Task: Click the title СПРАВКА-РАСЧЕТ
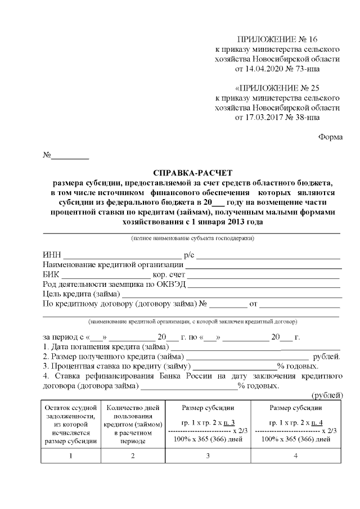coord(192,173)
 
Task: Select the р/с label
coord(189,256)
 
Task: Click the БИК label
coord(51,275)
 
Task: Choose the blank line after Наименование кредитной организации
coord(263,265)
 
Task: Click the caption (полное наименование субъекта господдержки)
coord(192,239)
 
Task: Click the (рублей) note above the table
coord(327,395)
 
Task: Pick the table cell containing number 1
coord(70,456)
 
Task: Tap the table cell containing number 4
coord(295,456)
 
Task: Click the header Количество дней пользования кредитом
coord(133,424)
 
